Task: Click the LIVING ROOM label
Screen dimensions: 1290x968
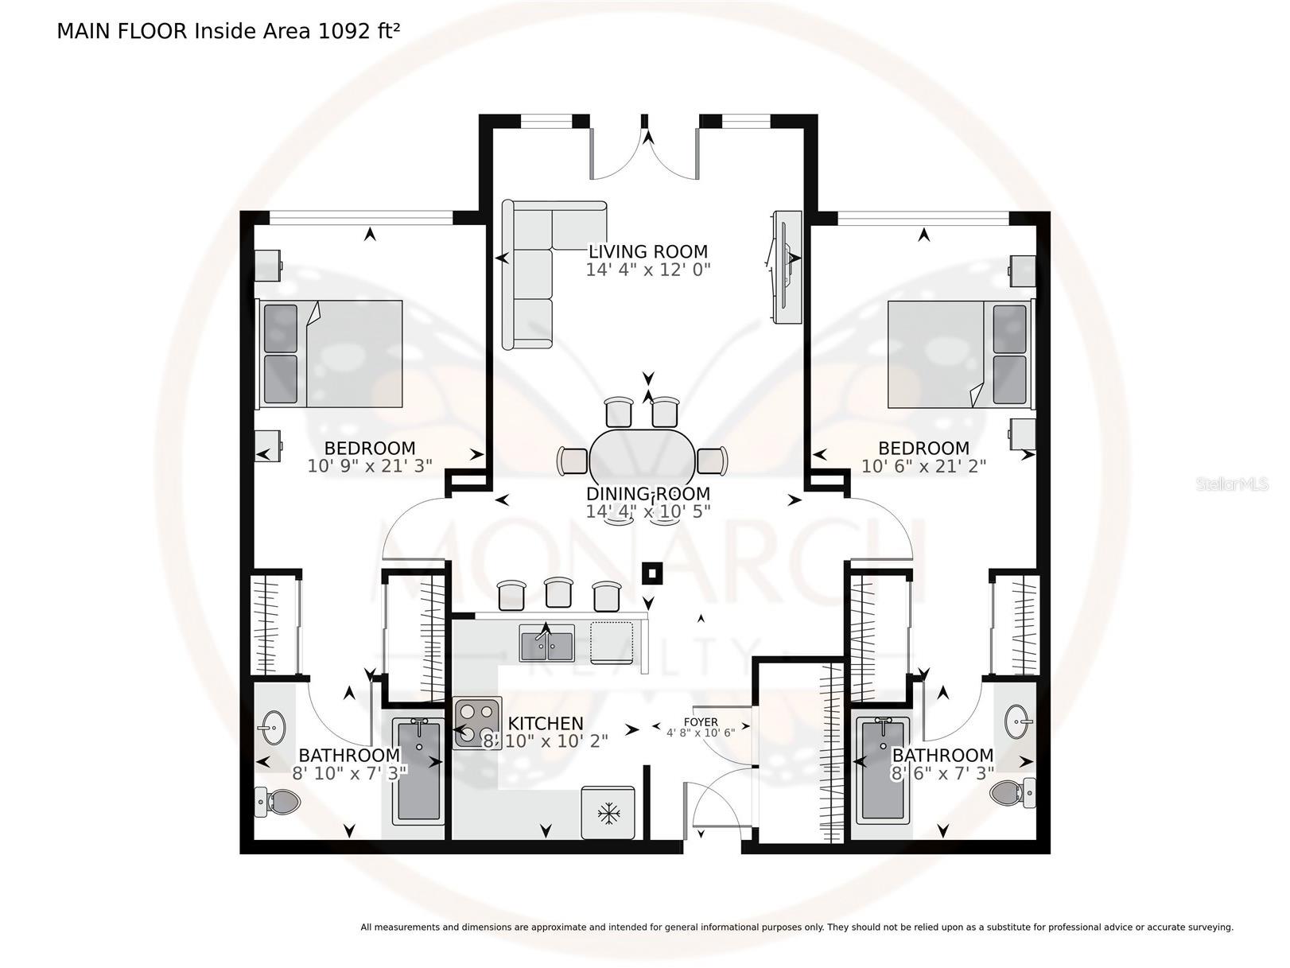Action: point(648,251)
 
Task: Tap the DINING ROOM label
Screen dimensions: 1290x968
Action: point(648,493)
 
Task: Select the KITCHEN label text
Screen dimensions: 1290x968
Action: point(546,723)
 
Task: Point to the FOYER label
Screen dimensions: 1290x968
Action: point(701,721)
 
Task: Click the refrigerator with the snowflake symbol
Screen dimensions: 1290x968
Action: point(608,813)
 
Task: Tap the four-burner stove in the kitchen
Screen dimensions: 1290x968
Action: point(476,722)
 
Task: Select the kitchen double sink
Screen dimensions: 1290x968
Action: point(546,643)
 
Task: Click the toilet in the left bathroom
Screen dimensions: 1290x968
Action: point(277,801)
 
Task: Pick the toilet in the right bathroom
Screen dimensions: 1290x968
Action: point(1012,792)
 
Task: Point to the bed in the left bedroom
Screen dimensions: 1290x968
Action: point(330,354)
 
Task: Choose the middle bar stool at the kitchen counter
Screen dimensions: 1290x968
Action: point(558,593)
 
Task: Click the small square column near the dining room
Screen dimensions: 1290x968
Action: point(652,573)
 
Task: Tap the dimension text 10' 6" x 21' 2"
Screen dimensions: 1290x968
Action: point(923,466)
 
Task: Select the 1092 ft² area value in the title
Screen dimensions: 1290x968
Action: point(359,31)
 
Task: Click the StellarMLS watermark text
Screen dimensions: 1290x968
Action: point(1232,484)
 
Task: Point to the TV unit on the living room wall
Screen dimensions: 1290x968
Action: point(787,266)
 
